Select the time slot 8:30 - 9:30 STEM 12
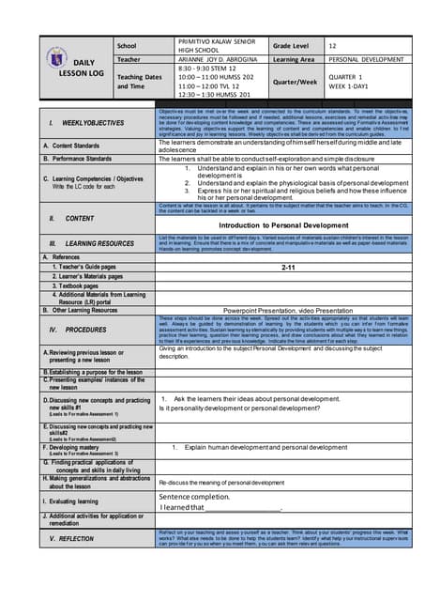pyautogui.click(x=205, y=69)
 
